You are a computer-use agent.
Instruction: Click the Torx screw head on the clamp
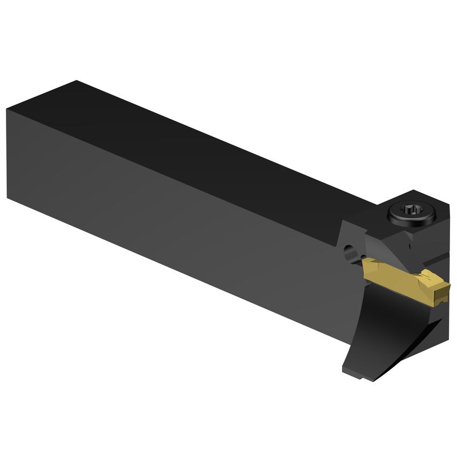tap(412, 213)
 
